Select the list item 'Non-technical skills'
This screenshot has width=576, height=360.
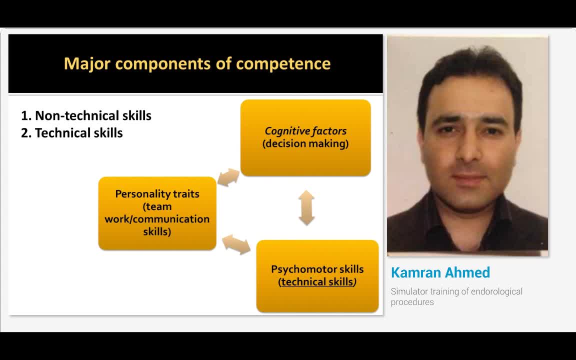[x=92, y=115]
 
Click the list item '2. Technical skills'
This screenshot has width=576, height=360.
[x=72, y=133]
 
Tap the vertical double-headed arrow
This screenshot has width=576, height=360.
[x=306, y=207]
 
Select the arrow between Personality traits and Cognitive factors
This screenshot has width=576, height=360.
[x=228, y=177]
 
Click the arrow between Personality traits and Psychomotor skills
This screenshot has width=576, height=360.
[x=236, y=244]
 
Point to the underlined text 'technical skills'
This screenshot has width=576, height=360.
[x=317, y=282]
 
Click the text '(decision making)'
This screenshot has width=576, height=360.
[x=305, y=144]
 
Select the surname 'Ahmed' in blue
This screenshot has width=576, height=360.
[x=467, y=273]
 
